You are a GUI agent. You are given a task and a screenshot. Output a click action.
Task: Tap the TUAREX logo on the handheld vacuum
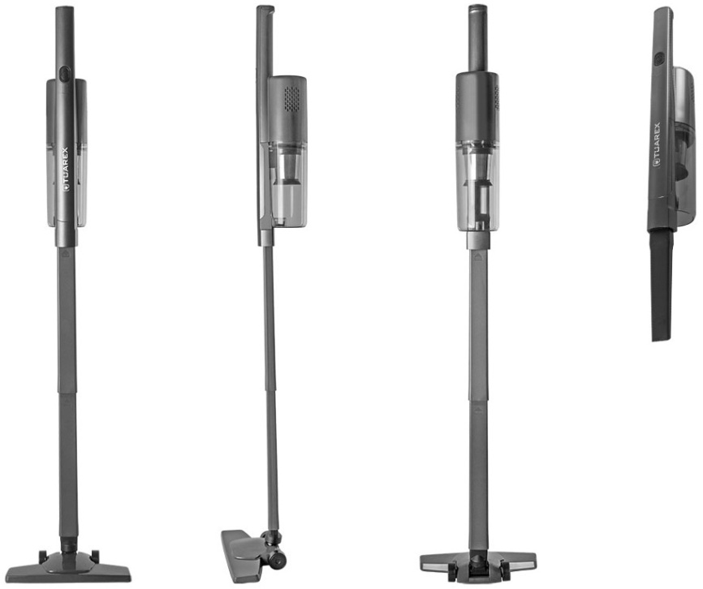click(658, 145)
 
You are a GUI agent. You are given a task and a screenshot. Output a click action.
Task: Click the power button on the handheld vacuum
click(659, 58)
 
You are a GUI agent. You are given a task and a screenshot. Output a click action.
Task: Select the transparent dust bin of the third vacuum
click(478, 186)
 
